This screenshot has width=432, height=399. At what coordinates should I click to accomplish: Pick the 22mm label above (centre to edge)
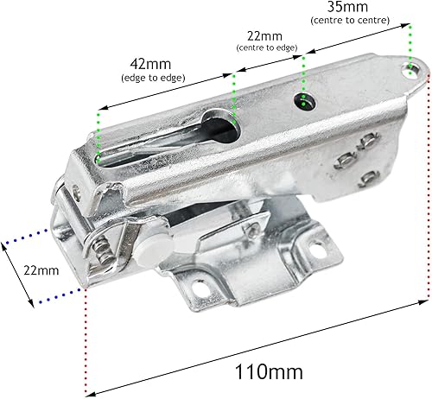pos(264,36)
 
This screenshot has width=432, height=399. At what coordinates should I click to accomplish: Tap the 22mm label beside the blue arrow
pos(41,269)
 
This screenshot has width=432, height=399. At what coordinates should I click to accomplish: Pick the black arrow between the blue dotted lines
pos(17,272)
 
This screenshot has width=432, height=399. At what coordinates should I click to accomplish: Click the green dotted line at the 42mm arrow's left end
pos(99,134)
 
